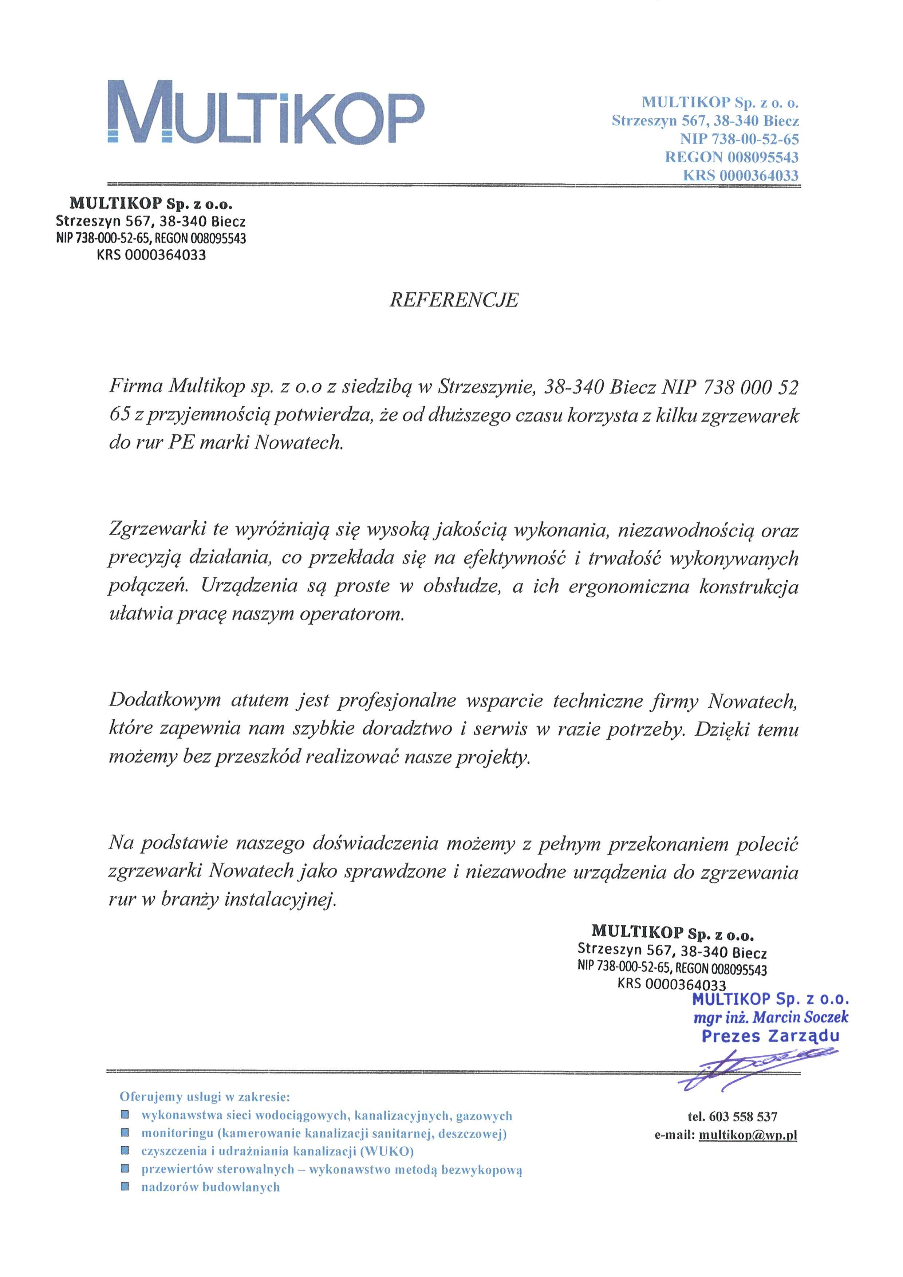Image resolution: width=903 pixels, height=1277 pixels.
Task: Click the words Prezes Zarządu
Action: point(770,1036)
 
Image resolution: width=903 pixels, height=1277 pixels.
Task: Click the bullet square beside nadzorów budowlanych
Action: point(125,1186)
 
